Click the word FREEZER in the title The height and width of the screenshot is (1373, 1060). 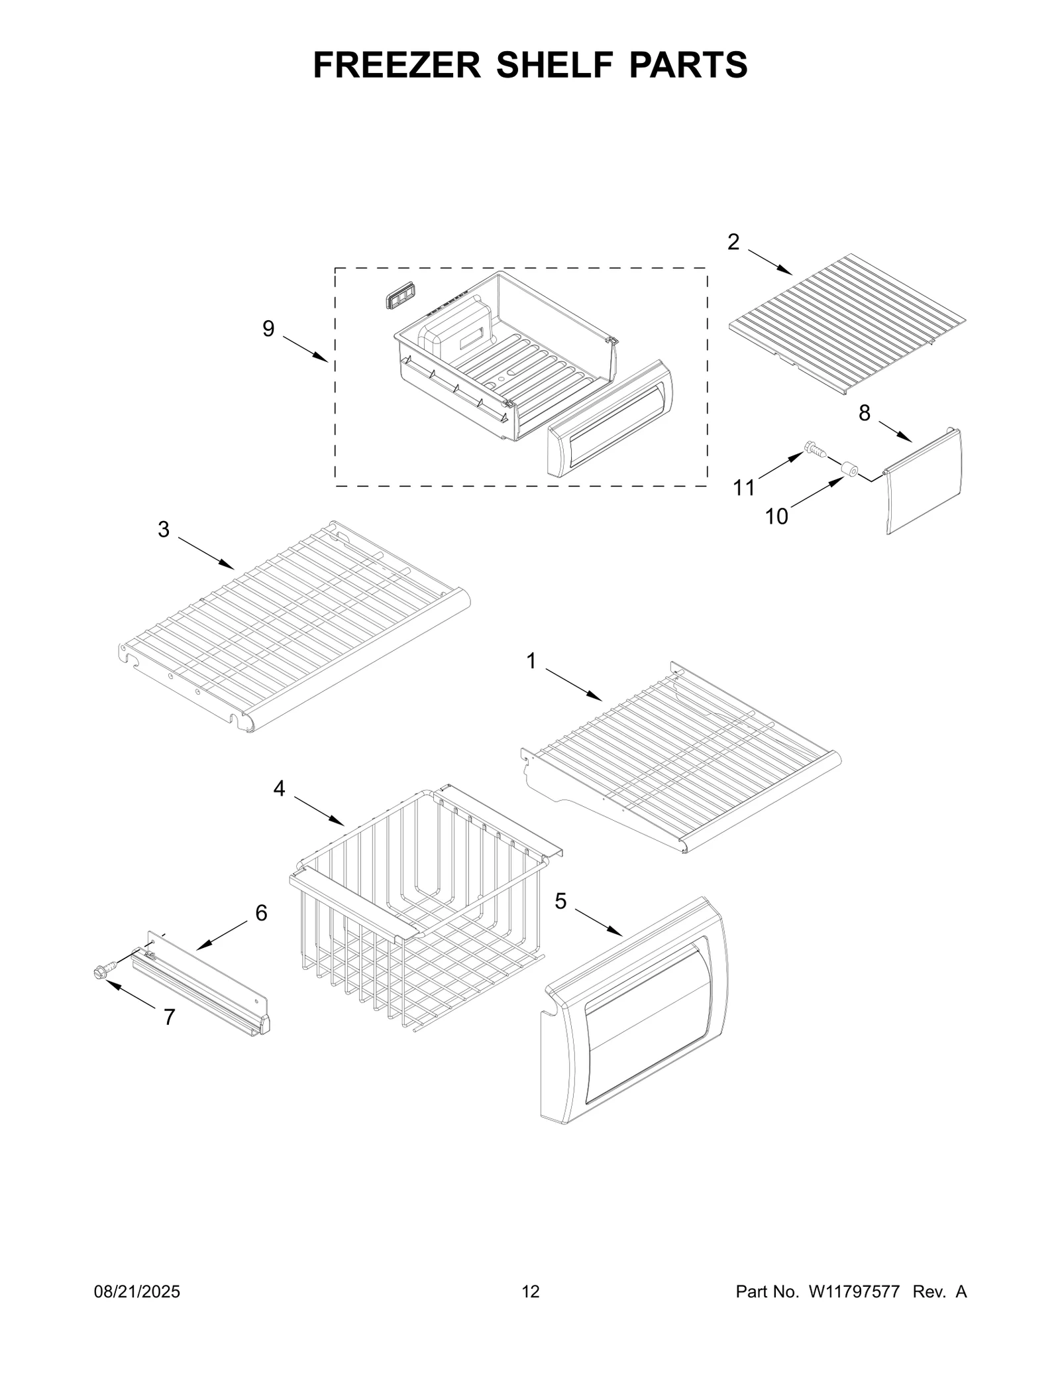click(397, 65)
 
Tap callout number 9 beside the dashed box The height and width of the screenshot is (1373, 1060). click(268, 329)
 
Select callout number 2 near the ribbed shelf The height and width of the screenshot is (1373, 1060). click(733, 243)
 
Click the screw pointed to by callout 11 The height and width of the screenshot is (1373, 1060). click(814, 450)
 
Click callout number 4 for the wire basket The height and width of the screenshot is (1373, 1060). click(279, 788)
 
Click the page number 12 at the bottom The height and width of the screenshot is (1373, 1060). click(531, 1310)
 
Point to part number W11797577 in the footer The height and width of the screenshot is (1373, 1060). click(853, 1310)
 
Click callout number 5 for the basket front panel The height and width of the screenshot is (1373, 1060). click(561, 901)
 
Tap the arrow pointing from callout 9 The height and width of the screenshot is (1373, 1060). click(305, 349)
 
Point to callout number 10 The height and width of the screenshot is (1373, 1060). click(776, 516)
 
